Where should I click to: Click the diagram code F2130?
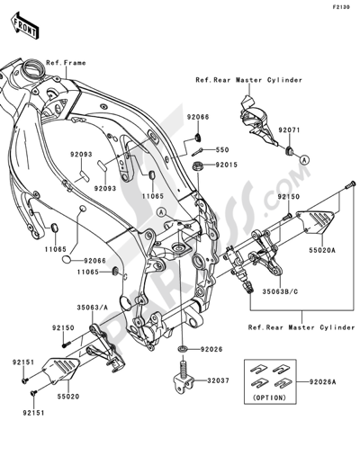coord(340,7)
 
